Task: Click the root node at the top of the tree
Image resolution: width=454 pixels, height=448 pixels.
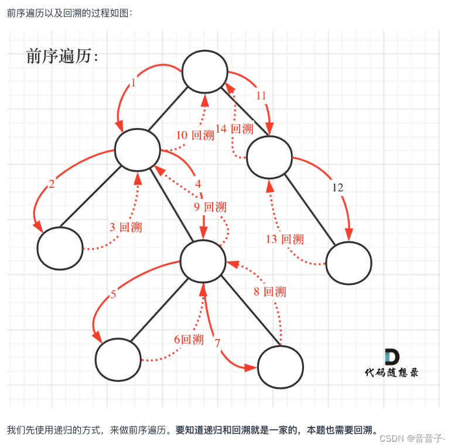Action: [204, 71]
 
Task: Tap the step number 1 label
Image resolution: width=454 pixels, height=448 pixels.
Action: [133, 83]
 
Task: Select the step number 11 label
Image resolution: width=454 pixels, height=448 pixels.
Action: [261, 95]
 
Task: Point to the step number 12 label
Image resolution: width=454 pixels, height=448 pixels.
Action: [338, 188]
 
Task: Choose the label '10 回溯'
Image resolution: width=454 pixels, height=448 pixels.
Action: [195, 135]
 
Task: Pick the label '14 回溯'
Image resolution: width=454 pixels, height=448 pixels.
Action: [234, 129]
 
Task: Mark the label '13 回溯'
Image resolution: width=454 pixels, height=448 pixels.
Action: [285, 239]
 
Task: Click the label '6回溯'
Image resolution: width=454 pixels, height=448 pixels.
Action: [188, 339]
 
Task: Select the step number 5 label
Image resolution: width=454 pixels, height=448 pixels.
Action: [113, 294]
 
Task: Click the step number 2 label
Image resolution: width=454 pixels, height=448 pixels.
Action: [52, 185]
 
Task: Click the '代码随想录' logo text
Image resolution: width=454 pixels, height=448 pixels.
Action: [391, 372]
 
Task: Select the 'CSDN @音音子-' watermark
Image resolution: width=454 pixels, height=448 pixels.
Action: [412, 437]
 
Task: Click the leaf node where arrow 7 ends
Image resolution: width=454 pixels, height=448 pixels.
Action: [281, 367]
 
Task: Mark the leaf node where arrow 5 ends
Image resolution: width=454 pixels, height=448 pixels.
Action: [118, 359]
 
